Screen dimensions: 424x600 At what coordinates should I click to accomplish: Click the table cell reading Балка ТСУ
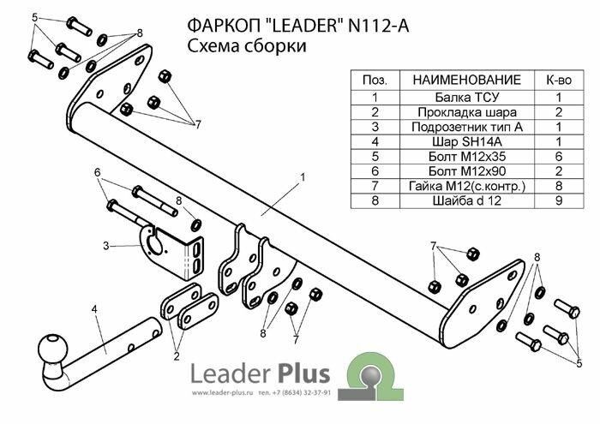(454, 97)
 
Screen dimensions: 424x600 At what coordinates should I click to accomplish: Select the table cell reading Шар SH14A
(454, 142)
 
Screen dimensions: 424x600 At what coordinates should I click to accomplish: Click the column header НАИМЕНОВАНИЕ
(454, 80)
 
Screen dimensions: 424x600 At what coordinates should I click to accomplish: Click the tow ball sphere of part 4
(51, 349)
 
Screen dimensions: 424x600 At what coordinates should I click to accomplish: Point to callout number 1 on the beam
(303, 177)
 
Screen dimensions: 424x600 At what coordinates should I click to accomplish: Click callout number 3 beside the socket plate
(105, 246)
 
